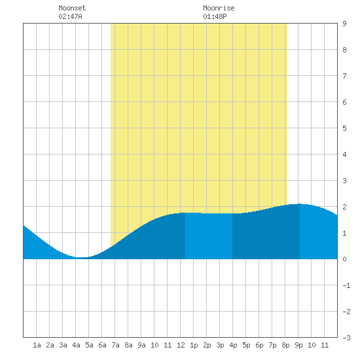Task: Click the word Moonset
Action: click(x=72, y=8)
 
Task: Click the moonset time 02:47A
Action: click(x=70, y=16)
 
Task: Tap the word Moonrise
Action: click(x=219, y=8)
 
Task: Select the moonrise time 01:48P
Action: click(x=215, y=16)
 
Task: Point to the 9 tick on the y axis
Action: click(x=344, y=24)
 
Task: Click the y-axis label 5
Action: click(x=344, y=128)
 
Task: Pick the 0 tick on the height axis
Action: click(x=344, y=259)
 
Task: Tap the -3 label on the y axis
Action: click(x=346, y=338)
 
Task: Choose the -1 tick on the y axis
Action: click(x=346, y=285)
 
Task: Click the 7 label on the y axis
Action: click(x=344, y=76)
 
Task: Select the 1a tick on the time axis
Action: click(x=37, y=345)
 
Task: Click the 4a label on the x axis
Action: click(x=76, y=345)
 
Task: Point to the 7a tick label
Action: click(x=115, y=345)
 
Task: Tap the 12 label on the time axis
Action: click(x=181, y=345)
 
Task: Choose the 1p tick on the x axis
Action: click(x=194, y=345)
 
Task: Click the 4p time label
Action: click(x=233, y=345)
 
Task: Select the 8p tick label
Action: click(x=285, y=345)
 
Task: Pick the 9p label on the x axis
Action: click(x=298, y=345)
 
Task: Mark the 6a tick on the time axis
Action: click(x=102, y=345)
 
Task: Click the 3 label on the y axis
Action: click(x=344, y=181)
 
